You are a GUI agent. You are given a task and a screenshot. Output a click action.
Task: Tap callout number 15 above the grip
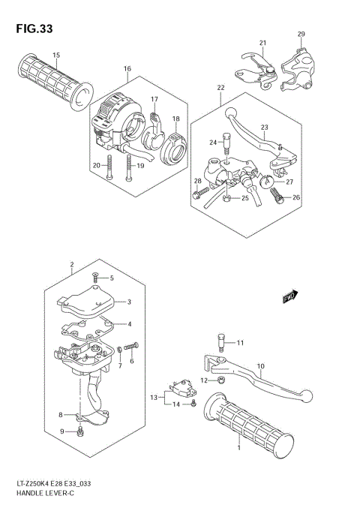click(x=56, y=54)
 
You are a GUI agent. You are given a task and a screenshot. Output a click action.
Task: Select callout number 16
click(x=127, y=69)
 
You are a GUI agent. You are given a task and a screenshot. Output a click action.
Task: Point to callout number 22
click(x=220, y=88)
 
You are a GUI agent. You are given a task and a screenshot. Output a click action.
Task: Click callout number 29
click(x=301, y=35)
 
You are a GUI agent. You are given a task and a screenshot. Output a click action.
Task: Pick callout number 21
click(x=263, y=43)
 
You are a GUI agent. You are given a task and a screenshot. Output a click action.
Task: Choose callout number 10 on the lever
click(x=261, y=367)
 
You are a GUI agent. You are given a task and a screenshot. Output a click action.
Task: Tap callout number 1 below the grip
click(x=238, y=448)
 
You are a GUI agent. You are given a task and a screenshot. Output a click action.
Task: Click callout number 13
click(x=153, y=397)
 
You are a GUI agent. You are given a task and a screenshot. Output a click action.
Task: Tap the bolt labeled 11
click(x=223, y=342)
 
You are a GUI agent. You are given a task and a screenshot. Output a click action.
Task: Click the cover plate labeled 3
click(x=88, y=302)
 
